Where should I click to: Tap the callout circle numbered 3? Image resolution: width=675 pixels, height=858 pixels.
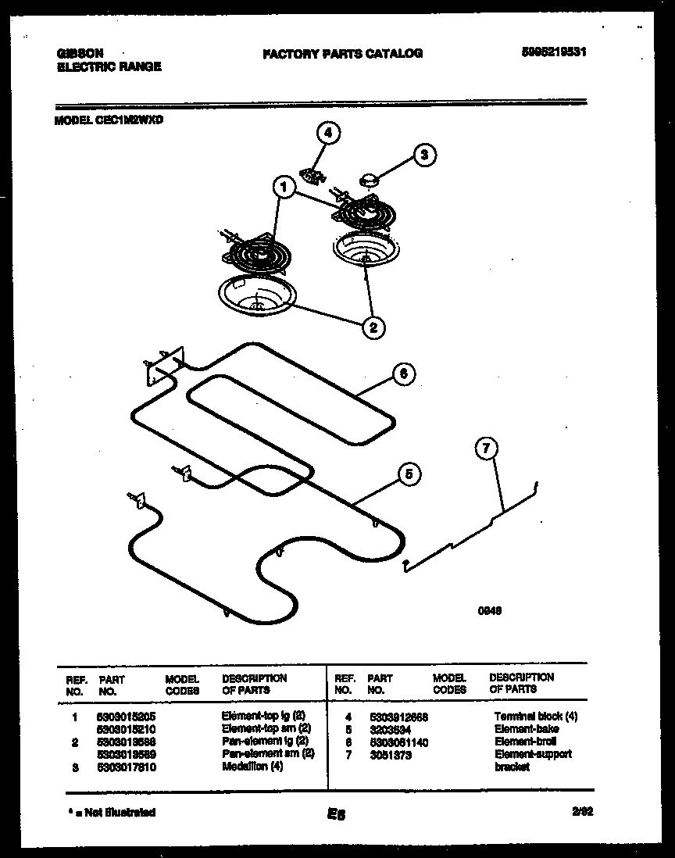point(424,154)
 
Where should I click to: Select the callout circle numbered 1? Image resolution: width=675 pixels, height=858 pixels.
point(284,187)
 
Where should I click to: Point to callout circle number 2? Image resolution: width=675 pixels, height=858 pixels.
point(373,327)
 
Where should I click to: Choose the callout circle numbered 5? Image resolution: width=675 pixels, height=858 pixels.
point(409,473)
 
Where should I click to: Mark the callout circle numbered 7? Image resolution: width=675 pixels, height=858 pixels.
point(486,448)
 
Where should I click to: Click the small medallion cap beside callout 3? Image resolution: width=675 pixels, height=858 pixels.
point(367,181)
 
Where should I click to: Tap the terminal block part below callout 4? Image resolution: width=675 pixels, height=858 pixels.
point(313,173)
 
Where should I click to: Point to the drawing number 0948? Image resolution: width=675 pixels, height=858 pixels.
point(488,612)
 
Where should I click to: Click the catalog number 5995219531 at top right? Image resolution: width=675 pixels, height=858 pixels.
point(553,53)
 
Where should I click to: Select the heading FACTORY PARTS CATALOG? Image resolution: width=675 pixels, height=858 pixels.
point(342,53)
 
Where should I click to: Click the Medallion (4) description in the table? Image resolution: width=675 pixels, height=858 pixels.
point(252,766)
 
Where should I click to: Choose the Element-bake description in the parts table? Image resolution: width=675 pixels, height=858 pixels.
point(526,728)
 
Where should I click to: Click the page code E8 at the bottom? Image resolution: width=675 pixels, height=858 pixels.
point(337,814)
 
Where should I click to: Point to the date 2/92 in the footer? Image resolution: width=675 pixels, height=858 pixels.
point(582,812)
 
